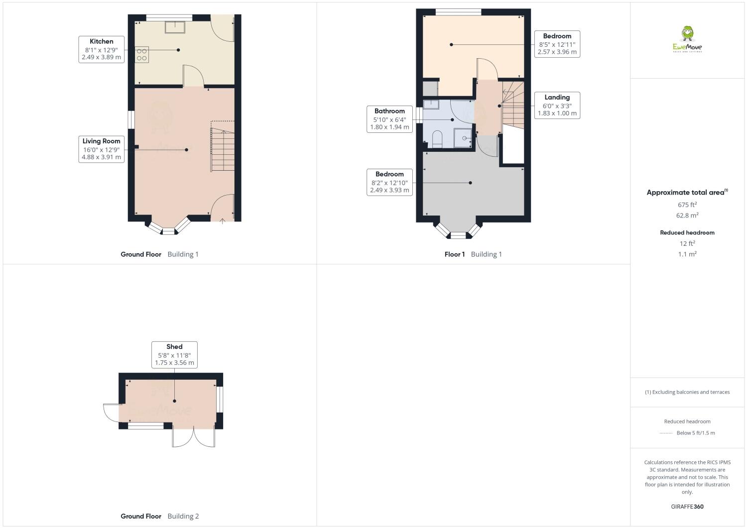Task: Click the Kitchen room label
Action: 101,49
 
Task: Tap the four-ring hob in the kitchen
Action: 141,54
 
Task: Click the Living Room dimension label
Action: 101,149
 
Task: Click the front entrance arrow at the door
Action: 222,221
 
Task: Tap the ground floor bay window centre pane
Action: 169,231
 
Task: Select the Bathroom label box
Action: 389,119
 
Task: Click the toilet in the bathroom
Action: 437,138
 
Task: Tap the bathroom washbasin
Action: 431,104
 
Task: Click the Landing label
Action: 557,105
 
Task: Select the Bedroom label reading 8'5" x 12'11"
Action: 557,44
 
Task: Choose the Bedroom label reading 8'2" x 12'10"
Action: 389,182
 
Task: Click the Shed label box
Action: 174,354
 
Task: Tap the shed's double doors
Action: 194,437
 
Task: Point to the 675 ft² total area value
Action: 687,205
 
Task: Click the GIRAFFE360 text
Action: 687,507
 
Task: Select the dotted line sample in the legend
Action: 666,433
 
